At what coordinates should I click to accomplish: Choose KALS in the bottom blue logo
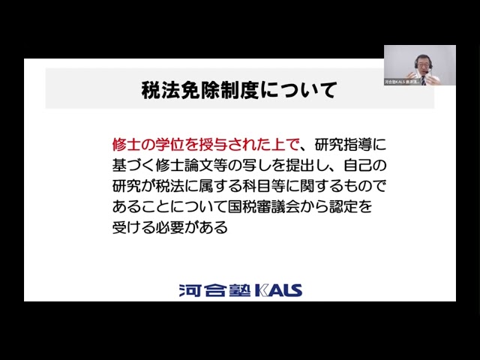(277, 289)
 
